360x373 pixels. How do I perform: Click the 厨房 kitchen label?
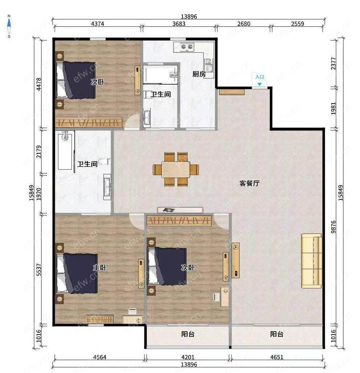coord(199,74)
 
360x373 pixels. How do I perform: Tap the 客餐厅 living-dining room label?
coord(249,183)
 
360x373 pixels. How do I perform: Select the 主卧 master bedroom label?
coord(99,268)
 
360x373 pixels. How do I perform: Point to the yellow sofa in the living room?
coord(312,261)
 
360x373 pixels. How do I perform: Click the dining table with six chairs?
coord(176,169)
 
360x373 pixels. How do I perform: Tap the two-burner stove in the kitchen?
coord(187,47)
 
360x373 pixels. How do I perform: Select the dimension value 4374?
coord(98,24)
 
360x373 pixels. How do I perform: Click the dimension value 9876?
coord(334,227)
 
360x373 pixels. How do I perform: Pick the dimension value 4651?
coord(277,357)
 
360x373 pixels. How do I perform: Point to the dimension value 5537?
coord(39,270)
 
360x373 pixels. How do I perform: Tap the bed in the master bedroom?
coord(77,273)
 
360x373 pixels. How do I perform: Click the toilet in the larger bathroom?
coord(104,162)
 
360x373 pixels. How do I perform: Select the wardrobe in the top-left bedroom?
coord(89,122)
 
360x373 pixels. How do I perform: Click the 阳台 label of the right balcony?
coord(277,334)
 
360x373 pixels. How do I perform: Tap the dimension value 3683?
coord(179,24)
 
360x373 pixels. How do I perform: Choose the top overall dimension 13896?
coord(189,16)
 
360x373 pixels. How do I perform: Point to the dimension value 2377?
coord(334,63)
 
